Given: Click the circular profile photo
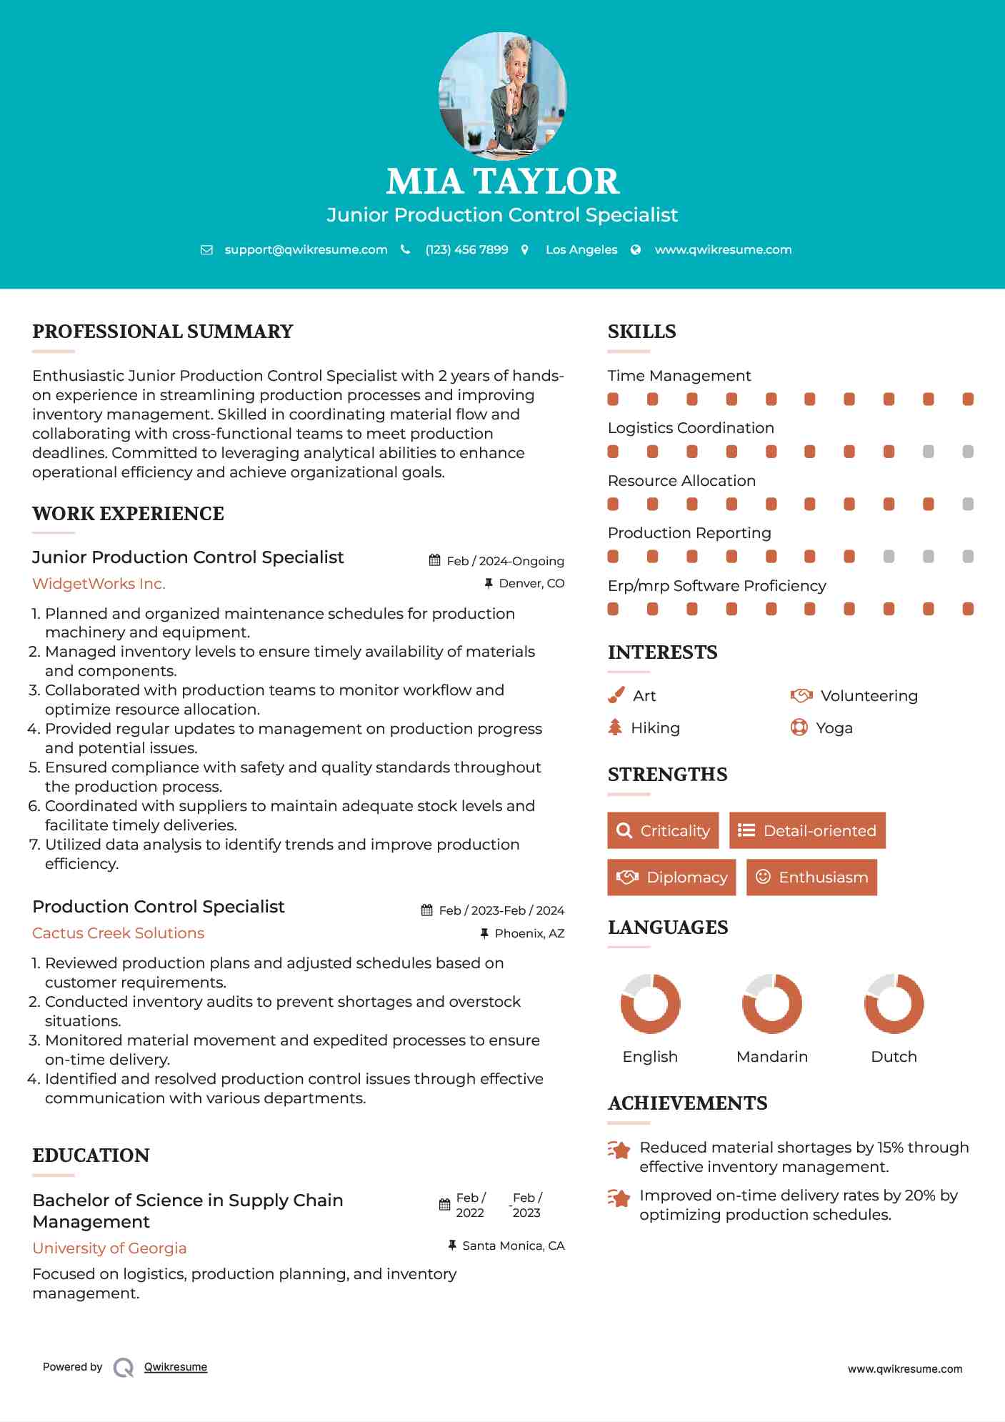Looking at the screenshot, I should click(502, 96).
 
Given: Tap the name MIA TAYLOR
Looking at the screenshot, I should click(502, 182).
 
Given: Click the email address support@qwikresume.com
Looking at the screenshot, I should click(306, 249).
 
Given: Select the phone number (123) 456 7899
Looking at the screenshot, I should click(466, 249).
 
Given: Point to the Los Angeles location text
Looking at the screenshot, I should click(581, 249).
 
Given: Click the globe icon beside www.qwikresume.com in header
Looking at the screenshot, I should click(636, 249).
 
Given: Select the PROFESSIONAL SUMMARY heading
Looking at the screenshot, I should click(163, 332).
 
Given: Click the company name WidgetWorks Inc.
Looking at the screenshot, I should click(99, 584).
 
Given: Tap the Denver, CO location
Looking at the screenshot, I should click(531, 583).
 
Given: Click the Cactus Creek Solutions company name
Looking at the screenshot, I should click(118, 933).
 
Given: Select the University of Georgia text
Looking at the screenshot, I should click(109, 1248).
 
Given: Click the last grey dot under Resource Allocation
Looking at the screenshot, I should click(968, 504).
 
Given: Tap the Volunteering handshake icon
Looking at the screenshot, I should click(801, 695).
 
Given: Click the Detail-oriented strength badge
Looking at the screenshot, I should click(807, 830).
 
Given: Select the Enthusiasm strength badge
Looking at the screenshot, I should click(811, 877).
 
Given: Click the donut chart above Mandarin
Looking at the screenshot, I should click(771, 1003).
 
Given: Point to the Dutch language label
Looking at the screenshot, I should click(894, 1056).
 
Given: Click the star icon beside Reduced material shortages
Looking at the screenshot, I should click(619, 1150).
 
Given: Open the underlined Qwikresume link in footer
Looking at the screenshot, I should click(175, 1367).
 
